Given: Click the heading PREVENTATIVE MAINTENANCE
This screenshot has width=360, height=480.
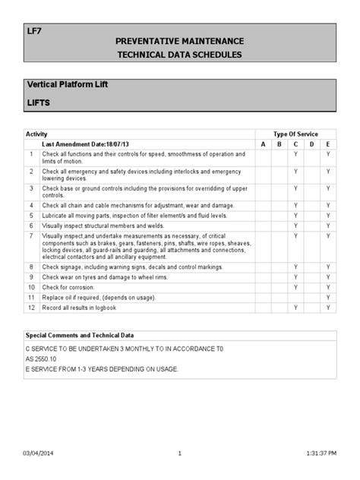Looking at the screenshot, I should pyautogui.click(x=179, y=39).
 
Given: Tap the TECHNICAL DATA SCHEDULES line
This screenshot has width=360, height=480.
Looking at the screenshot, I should pyautogui.click(x=179, y=56).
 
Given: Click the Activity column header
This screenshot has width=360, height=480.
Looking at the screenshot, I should pyautogui.click(x=36, y=134).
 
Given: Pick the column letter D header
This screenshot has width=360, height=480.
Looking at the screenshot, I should pyautogui.click(x=311, y=144).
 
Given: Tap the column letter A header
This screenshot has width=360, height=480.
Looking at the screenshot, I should pyautogui.click(x=263, y=144).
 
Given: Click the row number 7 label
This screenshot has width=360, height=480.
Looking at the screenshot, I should pyautogui.click(x=32, y=237).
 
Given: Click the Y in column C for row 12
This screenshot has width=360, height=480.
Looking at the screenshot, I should pyautogui.click(x=295, y=308).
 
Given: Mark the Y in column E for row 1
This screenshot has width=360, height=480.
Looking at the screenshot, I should pyautogui.click(x=328, y=153).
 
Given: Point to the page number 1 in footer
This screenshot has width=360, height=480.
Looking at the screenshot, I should pyautogui.click(x=180, y=453).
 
